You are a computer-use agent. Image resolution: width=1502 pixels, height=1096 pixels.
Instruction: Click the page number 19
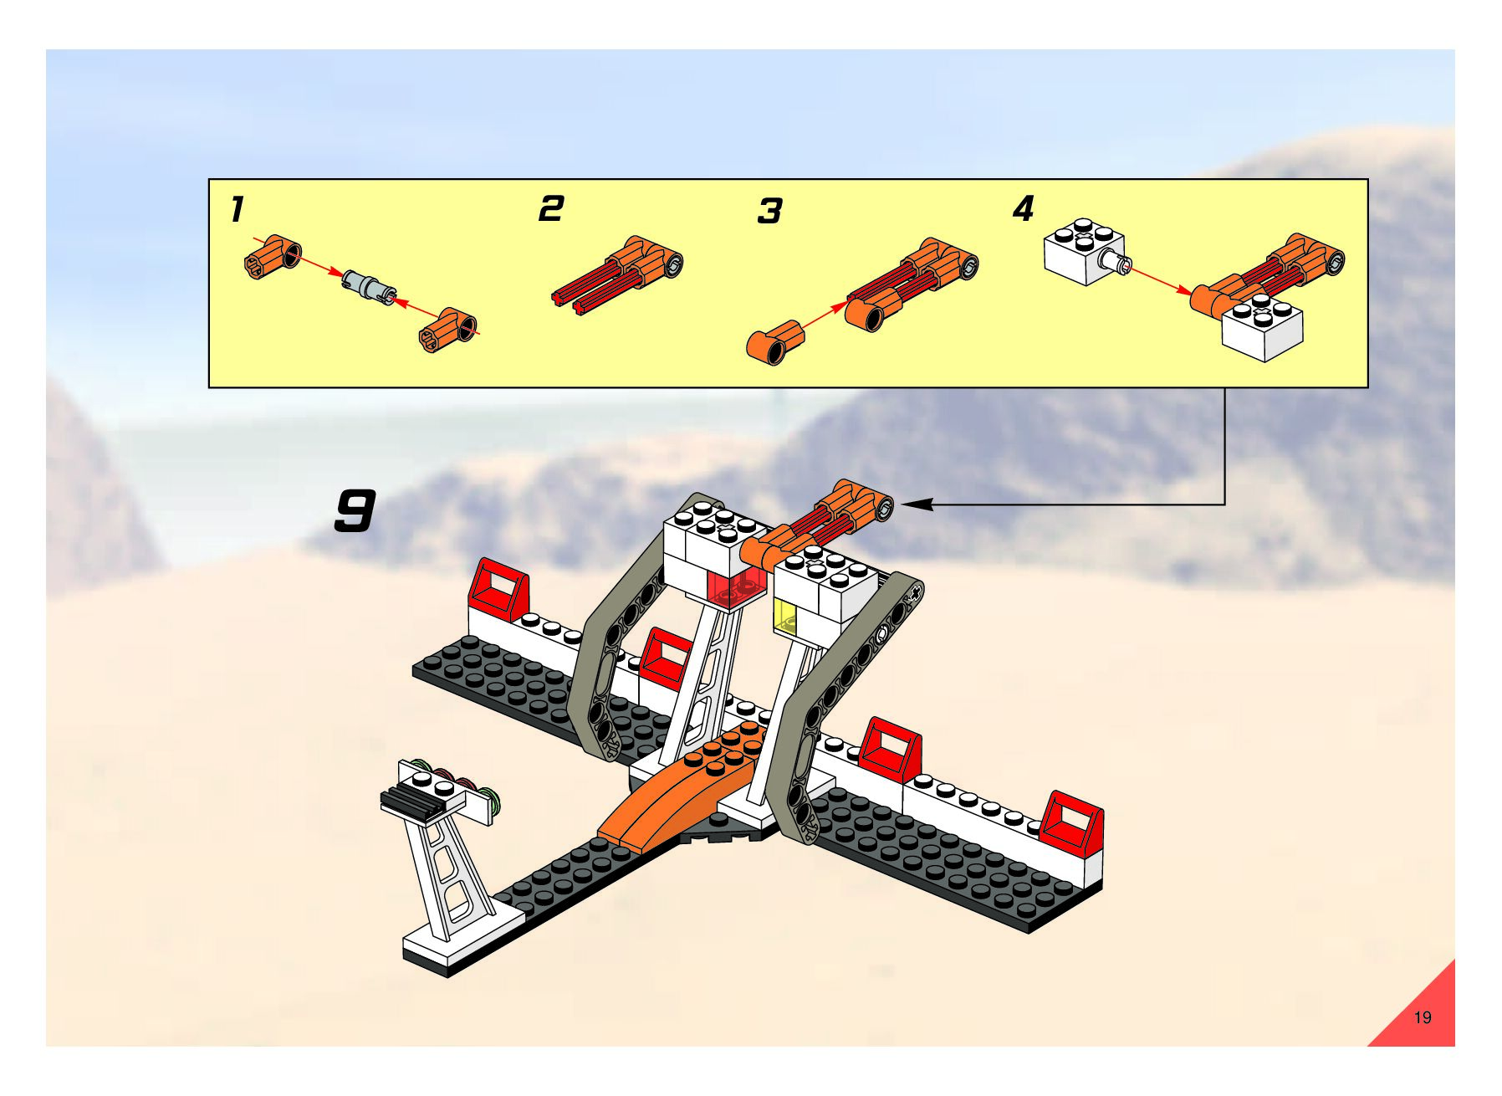tap(1422, 1017)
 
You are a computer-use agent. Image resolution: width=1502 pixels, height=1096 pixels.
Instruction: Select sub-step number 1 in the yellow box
tap(238, 209)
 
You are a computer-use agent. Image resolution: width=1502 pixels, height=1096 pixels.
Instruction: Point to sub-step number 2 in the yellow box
tap(551, 208)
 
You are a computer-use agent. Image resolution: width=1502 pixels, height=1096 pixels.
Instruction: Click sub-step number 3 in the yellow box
tap(769, 212)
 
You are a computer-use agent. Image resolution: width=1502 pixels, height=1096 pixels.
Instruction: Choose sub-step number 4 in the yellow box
tap(1024, 208)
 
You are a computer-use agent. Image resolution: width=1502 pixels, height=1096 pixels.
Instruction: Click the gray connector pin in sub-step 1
tap(369, 285)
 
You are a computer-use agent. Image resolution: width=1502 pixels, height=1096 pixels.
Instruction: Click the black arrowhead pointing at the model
tap(918, 504)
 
